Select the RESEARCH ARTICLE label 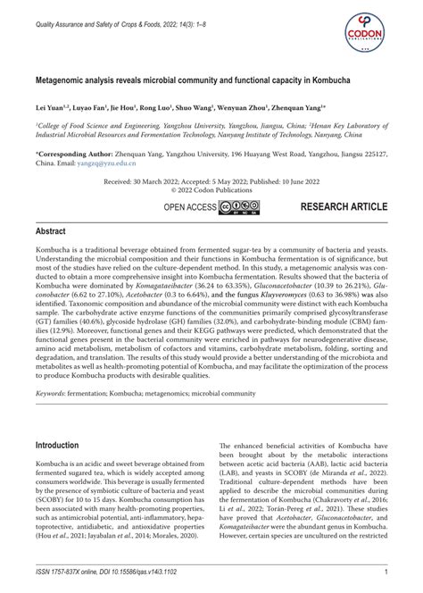coord(344,207)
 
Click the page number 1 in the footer coord(384,572)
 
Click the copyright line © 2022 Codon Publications coord(211,189)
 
